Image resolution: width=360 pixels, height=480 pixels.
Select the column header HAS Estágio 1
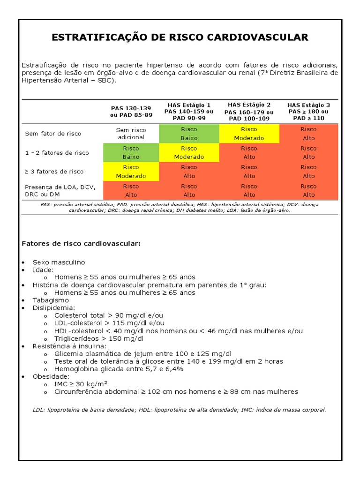(x=189, y=105)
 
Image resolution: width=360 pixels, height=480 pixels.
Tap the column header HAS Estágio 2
(x=249, y=105)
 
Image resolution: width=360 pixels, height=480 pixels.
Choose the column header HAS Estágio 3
(x=308, y=105)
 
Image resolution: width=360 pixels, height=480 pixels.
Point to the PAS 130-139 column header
(x=131, y=108)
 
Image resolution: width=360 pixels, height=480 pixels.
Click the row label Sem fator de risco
(x=53, y=134)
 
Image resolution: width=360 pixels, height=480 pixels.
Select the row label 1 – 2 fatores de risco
(x=57, y=153)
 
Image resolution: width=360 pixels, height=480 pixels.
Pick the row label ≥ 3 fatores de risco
(x=54, y=172)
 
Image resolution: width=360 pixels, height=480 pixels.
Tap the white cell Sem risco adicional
(x=131, y=134)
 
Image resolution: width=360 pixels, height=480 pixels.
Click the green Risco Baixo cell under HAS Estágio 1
(x=189, y=134)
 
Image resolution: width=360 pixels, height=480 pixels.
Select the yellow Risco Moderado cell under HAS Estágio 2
(x=249, y=134)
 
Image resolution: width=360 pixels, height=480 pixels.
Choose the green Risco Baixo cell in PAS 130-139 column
(x=131, y=153)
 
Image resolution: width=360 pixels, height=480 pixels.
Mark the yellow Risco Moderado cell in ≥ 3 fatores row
(x=131, y=172)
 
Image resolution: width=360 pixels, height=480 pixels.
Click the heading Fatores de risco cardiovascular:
(x=81, y=244)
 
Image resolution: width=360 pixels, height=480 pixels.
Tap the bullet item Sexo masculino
(x=59, y=262)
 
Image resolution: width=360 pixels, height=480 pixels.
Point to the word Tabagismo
(x=51, y=300)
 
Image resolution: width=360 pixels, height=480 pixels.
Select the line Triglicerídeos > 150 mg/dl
(x=98, y=338)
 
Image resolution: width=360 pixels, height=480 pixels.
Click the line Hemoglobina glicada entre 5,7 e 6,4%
(x=119, y=369)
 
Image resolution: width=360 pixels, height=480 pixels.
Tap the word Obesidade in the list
(x=51, y=376)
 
